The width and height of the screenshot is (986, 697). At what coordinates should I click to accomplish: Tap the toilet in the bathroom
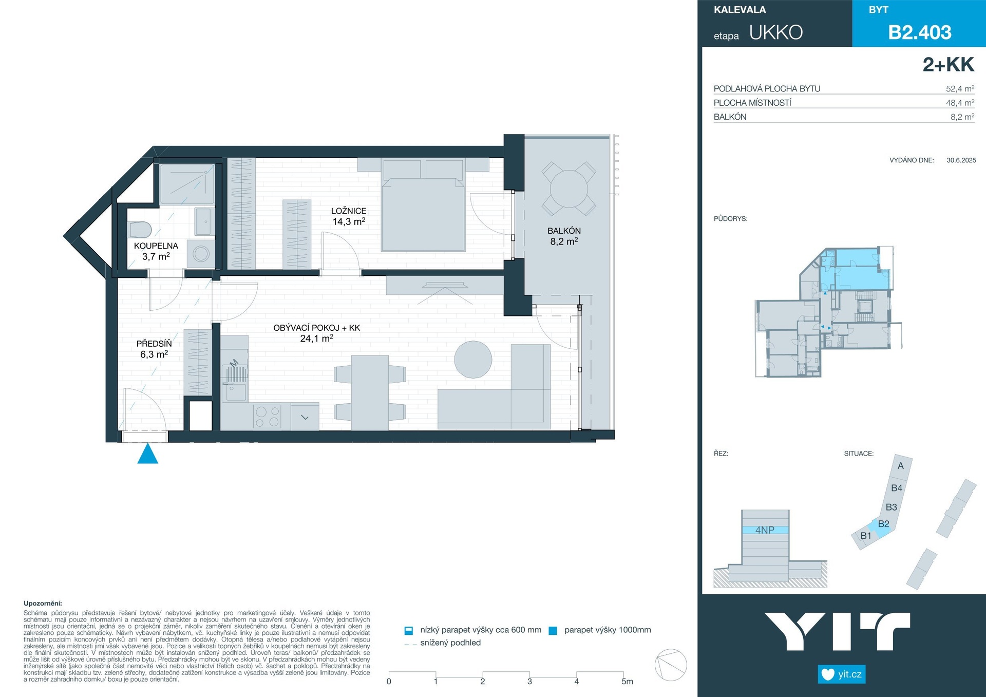click(x=139, y=229)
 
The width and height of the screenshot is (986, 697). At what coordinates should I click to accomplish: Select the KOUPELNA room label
click(x=156, y=246)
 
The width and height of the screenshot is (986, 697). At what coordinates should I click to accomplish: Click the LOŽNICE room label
click(x=349, y=211)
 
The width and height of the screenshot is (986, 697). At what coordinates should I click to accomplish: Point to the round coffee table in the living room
click(x=473, y=360)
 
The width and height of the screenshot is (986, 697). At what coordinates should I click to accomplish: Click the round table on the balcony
click(x=569, y=189)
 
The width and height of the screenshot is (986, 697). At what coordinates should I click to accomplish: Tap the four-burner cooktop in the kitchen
click(x=267, y=417)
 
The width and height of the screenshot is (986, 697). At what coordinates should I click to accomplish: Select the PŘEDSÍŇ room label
click(x=154, y=344)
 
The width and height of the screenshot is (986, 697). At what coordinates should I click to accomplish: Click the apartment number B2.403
click(x=920, y=32)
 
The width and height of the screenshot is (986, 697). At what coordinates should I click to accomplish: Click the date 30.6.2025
click(x=961, y=160)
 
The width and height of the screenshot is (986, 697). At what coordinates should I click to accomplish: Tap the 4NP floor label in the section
click(x=765, y=530)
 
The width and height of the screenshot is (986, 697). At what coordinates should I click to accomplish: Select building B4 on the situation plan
click(x=897, y=488)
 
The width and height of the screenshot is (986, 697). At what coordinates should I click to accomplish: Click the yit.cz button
click(x=842, y=674)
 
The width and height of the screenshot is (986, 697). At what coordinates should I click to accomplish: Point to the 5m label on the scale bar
click(x=627, y=682)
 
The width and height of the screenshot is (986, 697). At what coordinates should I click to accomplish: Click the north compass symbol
click(x=671, y=665)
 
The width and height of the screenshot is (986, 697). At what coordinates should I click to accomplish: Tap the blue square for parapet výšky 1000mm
click(x=553, y=631)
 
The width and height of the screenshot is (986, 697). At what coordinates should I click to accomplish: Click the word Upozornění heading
click(x=43, y=604)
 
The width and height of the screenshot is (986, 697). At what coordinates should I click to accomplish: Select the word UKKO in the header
click(x=776, y=32)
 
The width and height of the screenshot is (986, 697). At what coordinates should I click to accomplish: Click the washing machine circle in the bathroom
click(x=201, y=253)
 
